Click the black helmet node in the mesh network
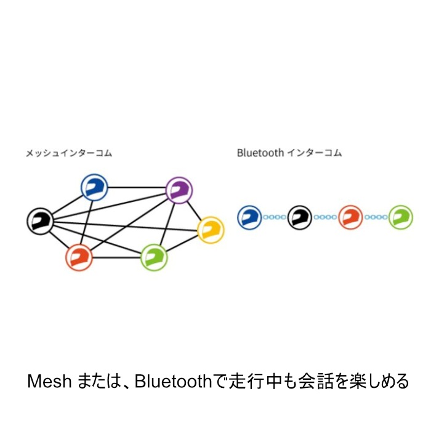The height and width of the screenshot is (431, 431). (x=40, y=220)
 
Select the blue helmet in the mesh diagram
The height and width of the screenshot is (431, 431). (x=95, y=187)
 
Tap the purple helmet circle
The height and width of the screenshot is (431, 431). (x=179, y=190)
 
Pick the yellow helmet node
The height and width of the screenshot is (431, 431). (x=211, y=230)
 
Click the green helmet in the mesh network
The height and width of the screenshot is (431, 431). (x=154, y=256)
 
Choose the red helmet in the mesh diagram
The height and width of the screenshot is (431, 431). (x=79, y=256)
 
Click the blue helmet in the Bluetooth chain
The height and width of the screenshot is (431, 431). (x=249, y=217)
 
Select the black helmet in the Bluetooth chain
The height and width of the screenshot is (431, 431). (x=300, y=217)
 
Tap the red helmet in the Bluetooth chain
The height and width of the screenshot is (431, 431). (x=350, y=217)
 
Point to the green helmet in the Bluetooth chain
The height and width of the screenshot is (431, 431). (x=400, y=217)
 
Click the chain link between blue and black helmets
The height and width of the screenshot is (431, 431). (x=275, y=217)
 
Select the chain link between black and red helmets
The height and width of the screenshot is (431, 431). (x=325, y=217)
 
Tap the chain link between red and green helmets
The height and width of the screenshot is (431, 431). (x=376, y=217)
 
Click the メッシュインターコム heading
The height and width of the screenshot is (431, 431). (x=69, y=153)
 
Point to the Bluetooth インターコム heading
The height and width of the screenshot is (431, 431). (x=289, y=153)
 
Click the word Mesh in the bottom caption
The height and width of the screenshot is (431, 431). (x=49, y=382)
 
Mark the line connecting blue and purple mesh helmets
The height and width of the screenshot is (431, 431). (x=137, y=188)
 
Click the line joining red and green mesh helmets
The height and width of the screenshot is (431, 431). (x=116, y=257)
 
